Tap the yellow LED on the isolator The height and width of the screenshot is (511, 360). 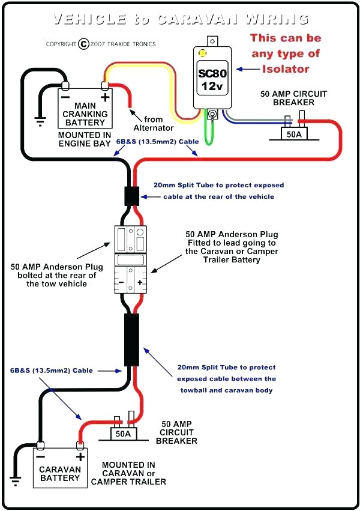(x=202, y=53)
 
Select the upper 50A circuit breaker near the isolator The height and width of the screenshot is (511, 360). (x=294, y=132)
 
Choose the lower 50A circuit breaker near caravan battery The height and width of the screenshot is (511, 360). (x=123, y=431)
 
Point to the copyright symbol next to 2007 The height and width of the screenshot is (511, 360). (x=83, y=44)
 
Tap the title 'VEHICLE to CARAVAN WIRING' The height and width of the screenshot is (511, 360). (x=180, y=20)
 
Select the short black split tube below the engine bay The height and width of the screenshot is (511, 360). (x=131, y=196)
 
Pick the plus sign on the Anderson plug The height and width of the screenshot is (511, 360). (x=140, y=282)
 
